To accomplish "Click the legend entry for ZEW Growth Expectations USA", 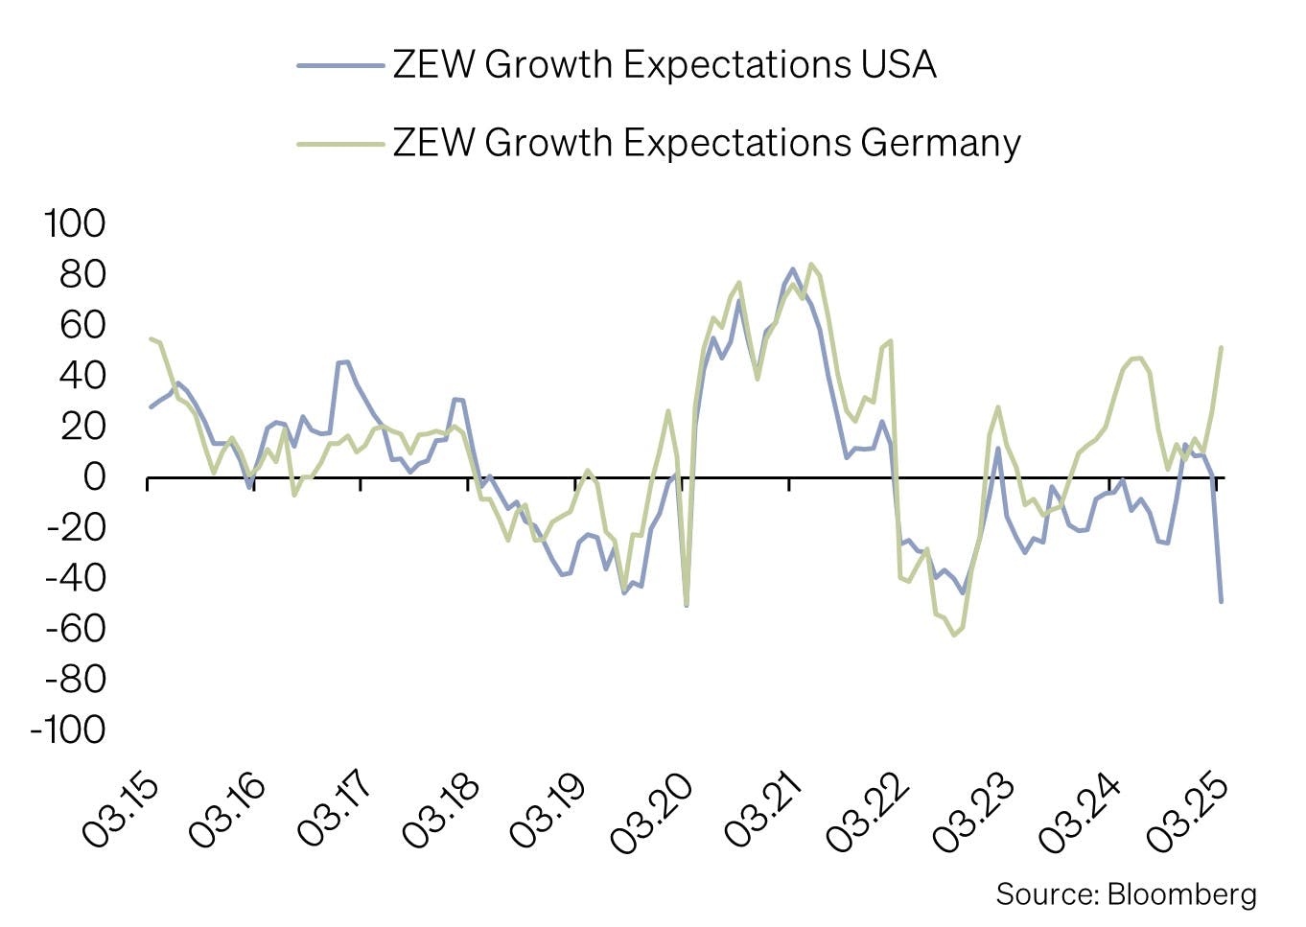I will coord(664,65).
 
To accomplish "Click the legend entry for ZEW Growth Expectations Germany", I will coord(706,143).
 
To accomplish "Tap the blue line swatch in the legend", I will coord(340,65).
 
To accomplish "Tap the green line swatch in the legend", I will coord(340,144).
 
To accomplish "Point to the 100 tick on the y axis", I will coord(75,223).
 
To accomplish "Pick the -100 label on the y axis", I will coord(68,730).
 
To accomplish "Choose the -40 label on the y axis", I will coord(75,578).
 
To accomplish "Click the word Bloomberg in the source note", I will coord(1181,894).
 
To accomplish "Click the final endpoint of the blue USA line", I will coord(1221,601).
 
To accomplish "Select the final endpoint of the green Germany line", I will coord(1221,348).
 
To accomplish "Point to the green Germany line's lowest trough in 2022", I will coord(953,635).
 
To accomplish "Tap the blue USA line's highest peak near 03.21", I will coord(793,269).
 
